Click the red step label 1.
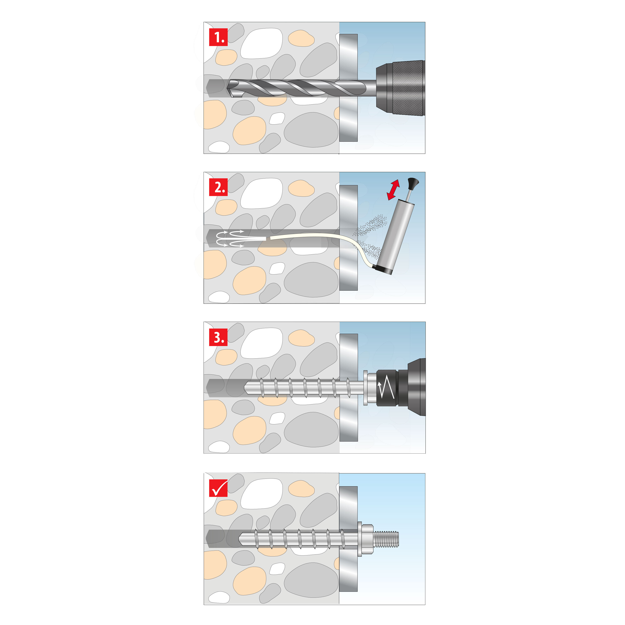click(x=218, y=37)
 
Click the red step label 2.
click(x=218, y=187)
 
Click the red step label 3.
click(x=218, y=337)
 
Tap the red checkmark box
click(x=218, y=488)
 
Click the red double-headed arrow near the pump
click(x=393, y=190)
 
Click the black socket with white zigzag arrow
click(x=387, y=388)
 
